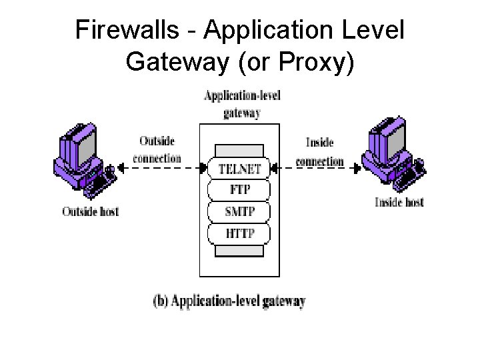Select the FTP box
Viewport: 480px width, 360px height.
tap(239, 190)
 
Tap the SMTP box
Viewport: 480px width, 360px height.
tap(239, 211)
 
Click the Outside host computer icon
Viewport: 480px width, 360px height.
tap(83, 164)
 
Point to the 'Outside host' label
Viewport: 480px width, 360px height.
tap(91, 212)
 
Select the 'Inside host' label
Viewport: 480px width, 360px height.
tap(399, 202)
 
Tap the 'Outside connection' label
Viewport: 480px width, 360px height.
tap(157, 150)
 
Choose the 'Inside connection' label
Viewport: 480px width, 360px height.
tap(319, 152)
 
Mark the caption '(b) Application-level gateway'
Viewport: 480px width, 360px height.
tap(229, 301)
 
